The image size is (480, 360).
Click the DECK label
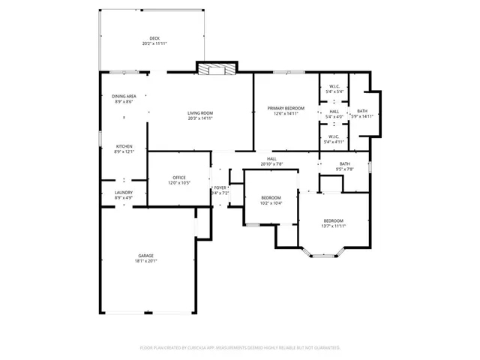(154, 38)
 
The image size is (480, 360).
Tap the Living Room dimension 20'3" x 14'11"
(200, 118)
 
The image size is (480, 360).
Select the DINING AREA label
(124, 96)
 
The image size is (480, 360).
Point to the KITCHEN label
(124, 145)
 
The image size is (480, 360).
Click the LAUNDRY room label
(124, 192)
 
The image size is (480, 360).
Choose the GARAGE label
(145, 256)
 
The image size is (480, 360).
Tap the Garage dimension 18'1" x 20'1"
(145, 261)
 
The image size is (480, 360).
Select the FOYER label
(220, 187)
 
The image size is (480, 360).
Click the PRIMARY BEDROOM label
(286, 109)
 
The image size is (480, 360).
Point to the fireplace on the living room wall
(217, 68)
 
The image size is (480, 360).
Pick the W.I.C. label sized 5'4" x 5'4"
(334, 86)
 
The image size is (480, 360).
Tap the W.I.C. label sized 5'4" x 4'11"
(334, 136)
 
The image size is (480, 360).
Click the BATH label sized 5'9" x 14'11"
(362, 111)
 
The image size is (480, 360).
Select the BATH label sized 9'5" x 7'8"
(344, 163)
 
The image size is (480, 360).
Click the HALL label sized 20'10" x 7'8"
(271, 158)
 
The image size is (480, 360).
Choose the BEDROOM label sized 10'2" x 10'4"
(271, 197)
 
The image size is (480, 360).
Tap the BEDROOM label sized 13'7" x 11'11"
(333, 220)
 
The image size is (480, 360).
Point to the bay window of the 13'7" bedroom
(322, 255)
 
